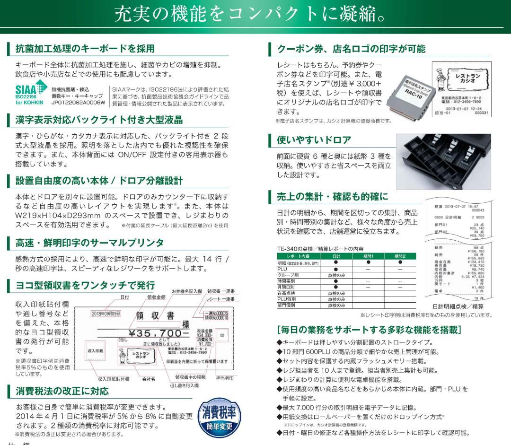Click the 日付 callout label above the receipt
tap(124, 297)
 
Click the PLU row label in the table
tap(282, 268)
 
